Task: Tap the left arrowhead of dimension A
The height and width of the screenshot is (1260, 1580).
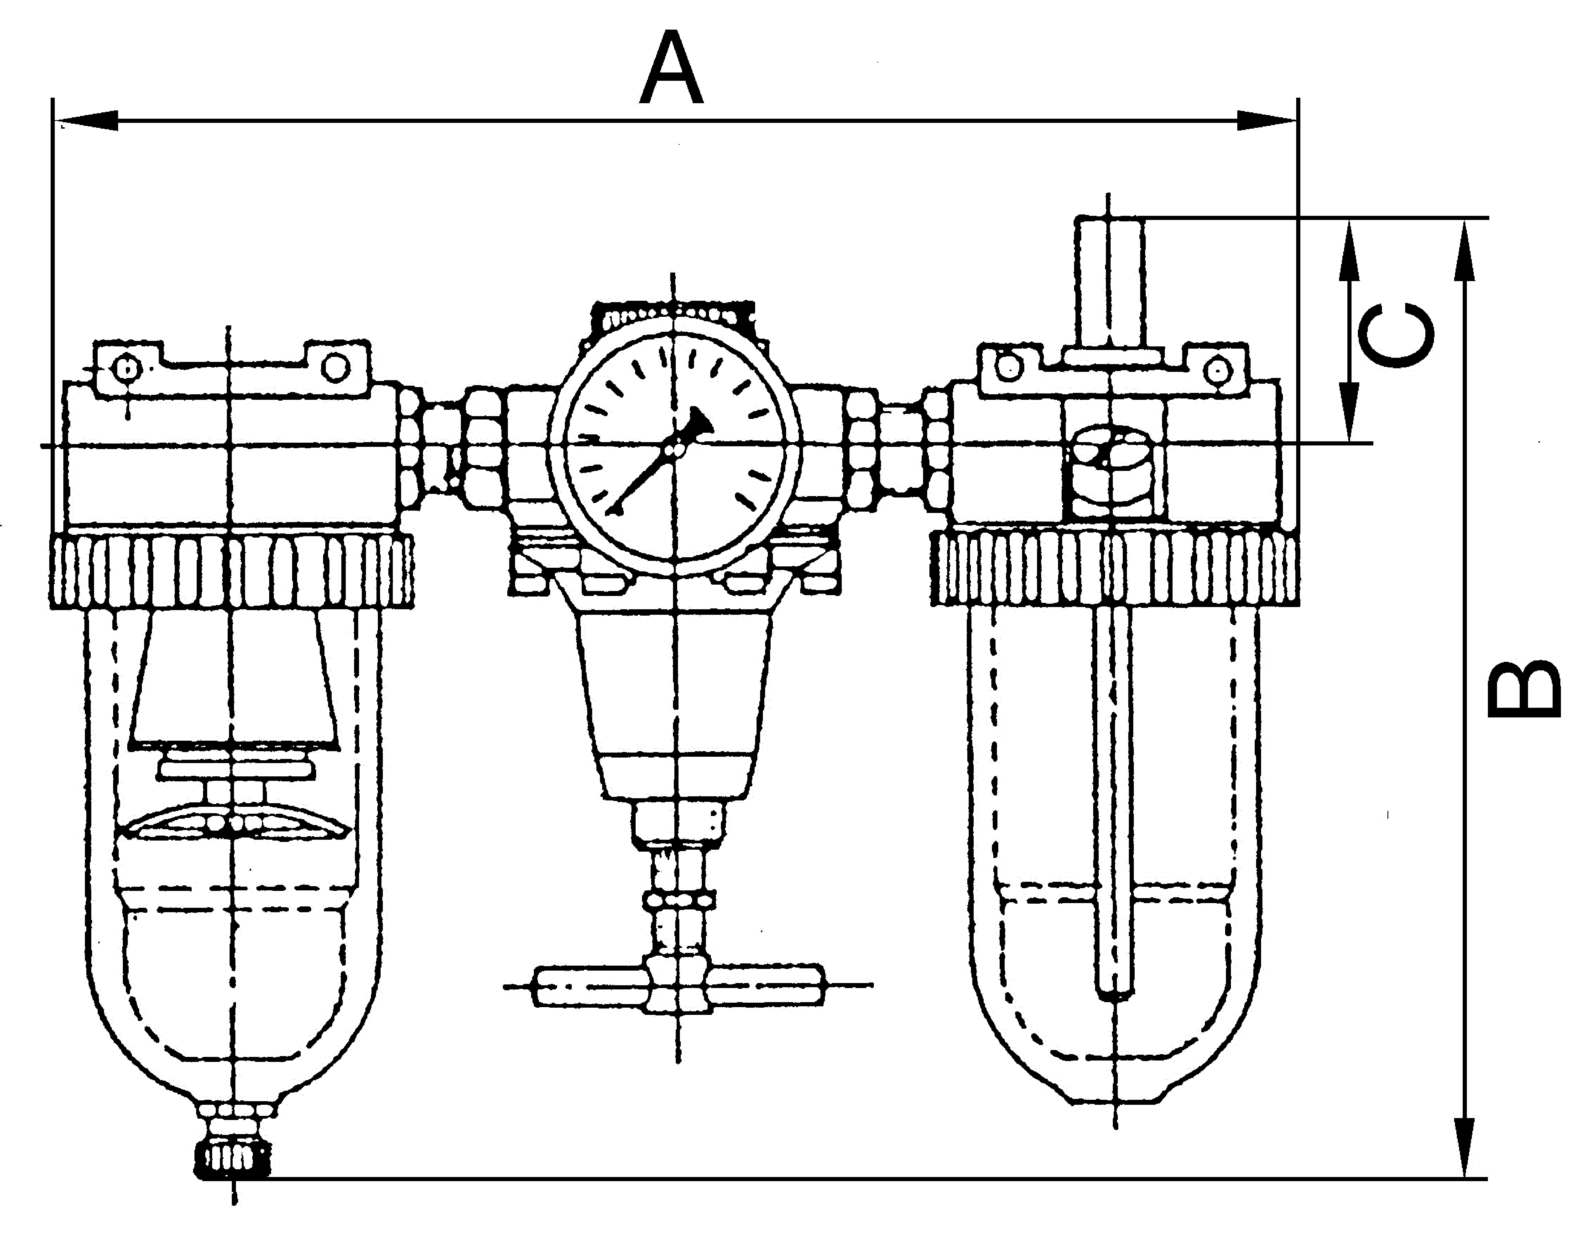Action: (88, 121)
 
